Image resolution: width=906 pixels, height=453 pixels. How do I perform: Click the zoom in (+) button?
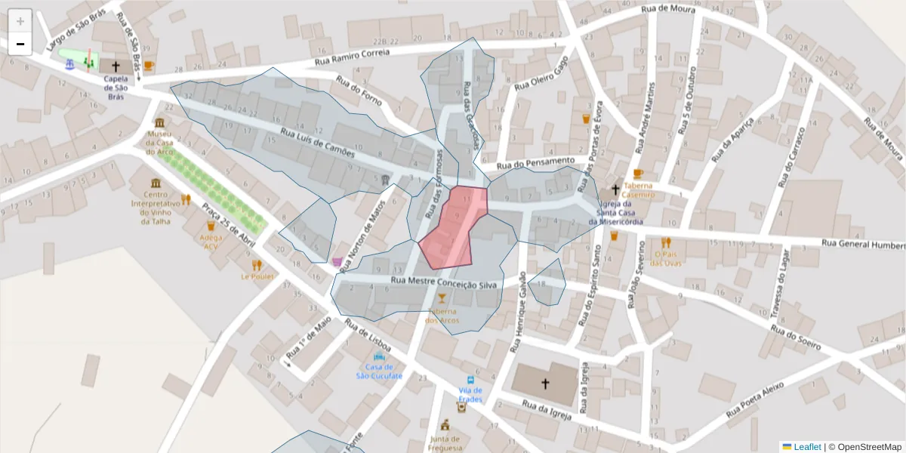pos(20,21)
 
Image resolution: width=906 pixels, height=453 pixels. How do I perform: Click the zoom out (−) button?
pos(20,44)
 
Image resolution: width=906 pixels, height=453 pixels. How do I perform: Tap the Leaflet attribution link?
pos(807,447)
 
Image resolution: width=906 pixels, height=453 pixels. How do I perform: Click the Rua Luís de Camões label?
pos(318,143)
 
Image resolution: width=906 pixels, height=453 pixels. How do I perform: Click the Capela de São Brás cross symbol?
pos(116,66)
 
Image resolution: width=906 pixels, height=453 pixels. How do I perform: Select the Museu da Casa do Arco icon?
pos(159,123)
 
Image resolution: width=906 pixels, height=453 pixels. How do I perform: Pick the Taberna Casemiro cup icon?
pos(638,174)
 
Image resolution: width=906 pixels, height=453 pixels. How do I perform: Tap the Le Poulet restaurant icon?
pos(257,265)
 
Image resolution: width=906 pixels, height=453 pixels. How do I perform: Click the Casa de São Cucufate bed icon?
pos(378,356)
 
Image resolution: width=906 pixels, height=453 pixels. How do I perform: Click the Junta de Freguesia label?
pos(445,443)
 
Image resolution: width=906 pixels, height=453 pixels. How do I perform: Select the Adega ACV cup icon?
pos(211,226)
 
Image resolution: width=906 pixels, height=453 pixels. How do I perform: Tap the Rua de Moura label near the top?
pos(667,9)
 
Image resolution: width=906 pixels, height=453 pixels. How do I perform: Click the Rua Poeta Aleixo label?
pos(756,402)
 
